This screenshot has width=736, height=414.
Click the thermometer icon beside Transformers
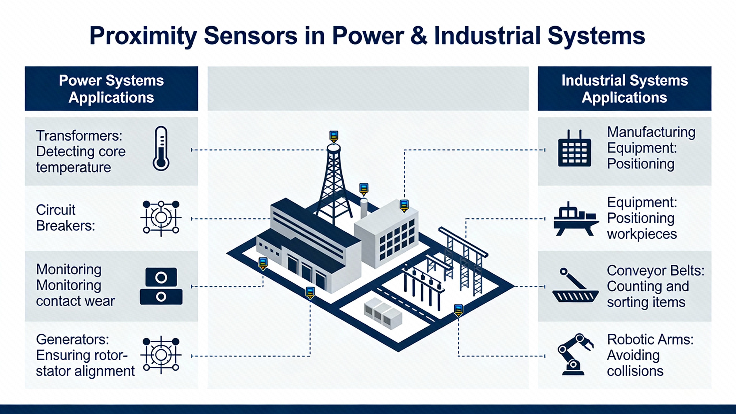tap(161, 148)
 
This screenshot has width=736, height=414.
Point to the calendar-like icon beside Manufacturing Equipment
tap(574, 149)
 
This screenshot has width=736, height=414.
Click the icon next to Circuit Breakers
tap(161, 218)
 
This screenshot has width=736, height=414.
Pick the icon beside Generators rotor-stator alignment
tap(161, 355)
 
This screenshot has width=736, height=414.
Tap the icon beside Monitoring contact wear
tap(161, 286)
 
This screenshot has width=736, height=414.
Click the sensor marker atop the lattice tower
tap(333, 136)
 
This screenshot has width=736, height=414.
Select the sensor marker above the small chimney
tap(364, 189)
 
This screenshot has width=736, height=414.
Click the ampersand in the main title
tap(419, 36)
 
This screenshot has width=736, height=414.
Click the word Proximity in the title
tap(143, 36)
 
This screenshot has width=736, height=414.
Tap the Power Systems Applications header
tap(111, 89)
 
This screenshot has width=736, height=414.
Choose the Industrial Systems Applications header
tap(624, 89)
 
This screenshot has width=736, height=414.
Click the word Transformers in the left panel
tap(79, 136)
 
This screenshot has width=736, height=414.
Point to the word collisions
tap(635, 371)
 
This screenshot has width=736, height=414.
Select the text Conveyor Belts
tap(655, 271)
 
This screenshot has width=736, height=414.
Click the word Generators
tap(72, 340)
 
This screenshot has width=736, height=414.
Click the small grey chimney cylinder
tap(364, 208)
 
